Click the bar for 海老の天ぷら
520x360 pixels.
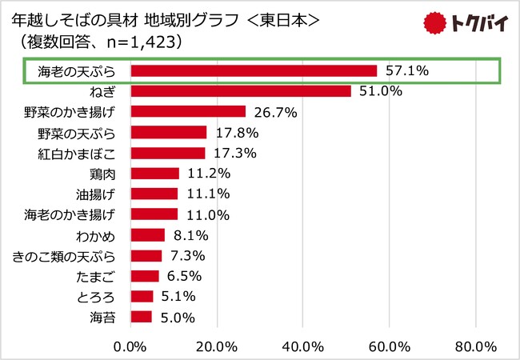click(253, 71)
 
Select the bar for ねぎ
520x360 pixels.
click(240, 91)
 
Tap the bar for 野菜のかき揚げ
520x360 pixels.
click(187, 112)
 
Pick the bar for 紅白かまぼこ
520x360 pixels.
click(167, 153)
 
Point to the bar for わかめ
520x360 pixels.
click(147, 235)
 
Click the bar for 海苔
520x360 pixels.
click(141, 317)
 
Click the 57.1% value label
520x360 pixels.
click(407, 71)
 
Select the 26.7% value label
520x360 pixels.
click(275, 112)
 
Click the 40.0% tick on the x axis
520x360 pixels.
click(302, 346)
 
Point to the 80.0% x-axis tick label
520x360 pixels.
click(475, 346)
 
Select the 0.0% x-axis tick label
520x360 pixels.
click(130, 346)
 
